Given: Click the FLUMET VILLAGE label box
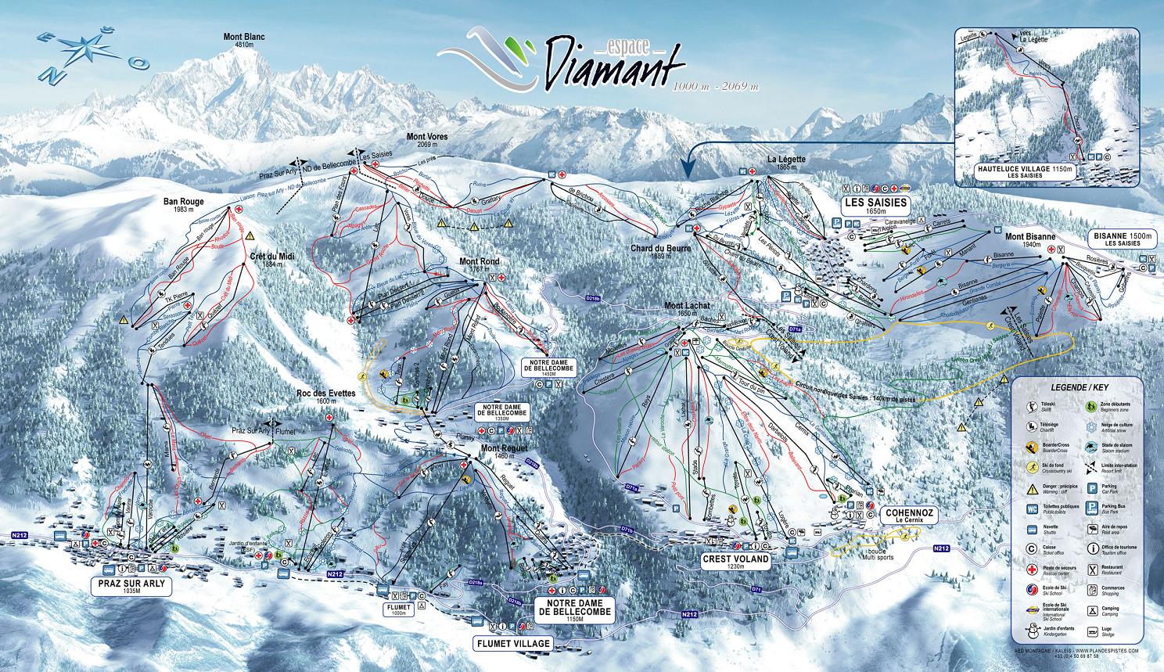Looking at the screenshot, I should coord(512,642).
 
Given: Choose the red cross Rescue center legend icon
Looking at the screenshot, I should coord(1033,568).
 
